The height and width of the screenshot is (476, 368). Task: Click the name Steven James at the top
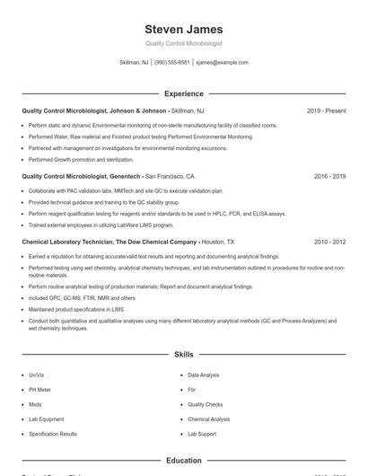tap(183, 29)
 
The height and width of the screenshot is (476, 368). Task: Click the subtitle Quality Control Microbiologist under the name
tap(183, 43)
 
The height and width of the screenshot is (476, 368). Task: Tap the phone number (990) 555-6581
tap(171, 63)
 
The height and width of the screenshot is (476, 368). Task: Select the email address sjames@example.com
tap(222, 63)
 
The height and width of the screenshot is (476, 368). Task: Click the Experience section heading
tap(183, 93)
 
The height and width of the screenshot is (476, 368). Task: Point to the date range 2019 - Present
tap(326, 111)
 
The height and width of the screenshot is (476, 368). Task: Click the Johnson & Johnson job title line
tap(107, 111)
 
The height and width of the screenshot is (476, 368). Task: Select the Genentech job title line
tap(109, 177)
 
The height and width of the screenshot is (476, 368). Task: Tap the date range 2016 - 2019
tap(329, 177)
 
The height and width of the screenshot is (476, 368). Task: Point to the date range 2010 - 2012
tap(329, 242)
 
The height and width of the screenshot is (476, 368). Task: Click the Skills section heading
tap(183, 355)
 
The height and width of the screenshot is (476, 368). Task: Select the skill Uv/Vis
tap(37, 375)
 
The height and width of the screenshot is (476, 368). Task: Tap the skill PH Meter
tap(39, 390)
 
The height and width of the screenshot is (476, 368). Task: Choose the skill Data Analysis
tap(203, 375)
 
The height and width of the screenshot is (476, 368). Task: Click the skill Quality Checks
tap(205, 404)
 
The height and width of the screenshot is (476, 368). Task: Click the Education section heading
tap(183, 461)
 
